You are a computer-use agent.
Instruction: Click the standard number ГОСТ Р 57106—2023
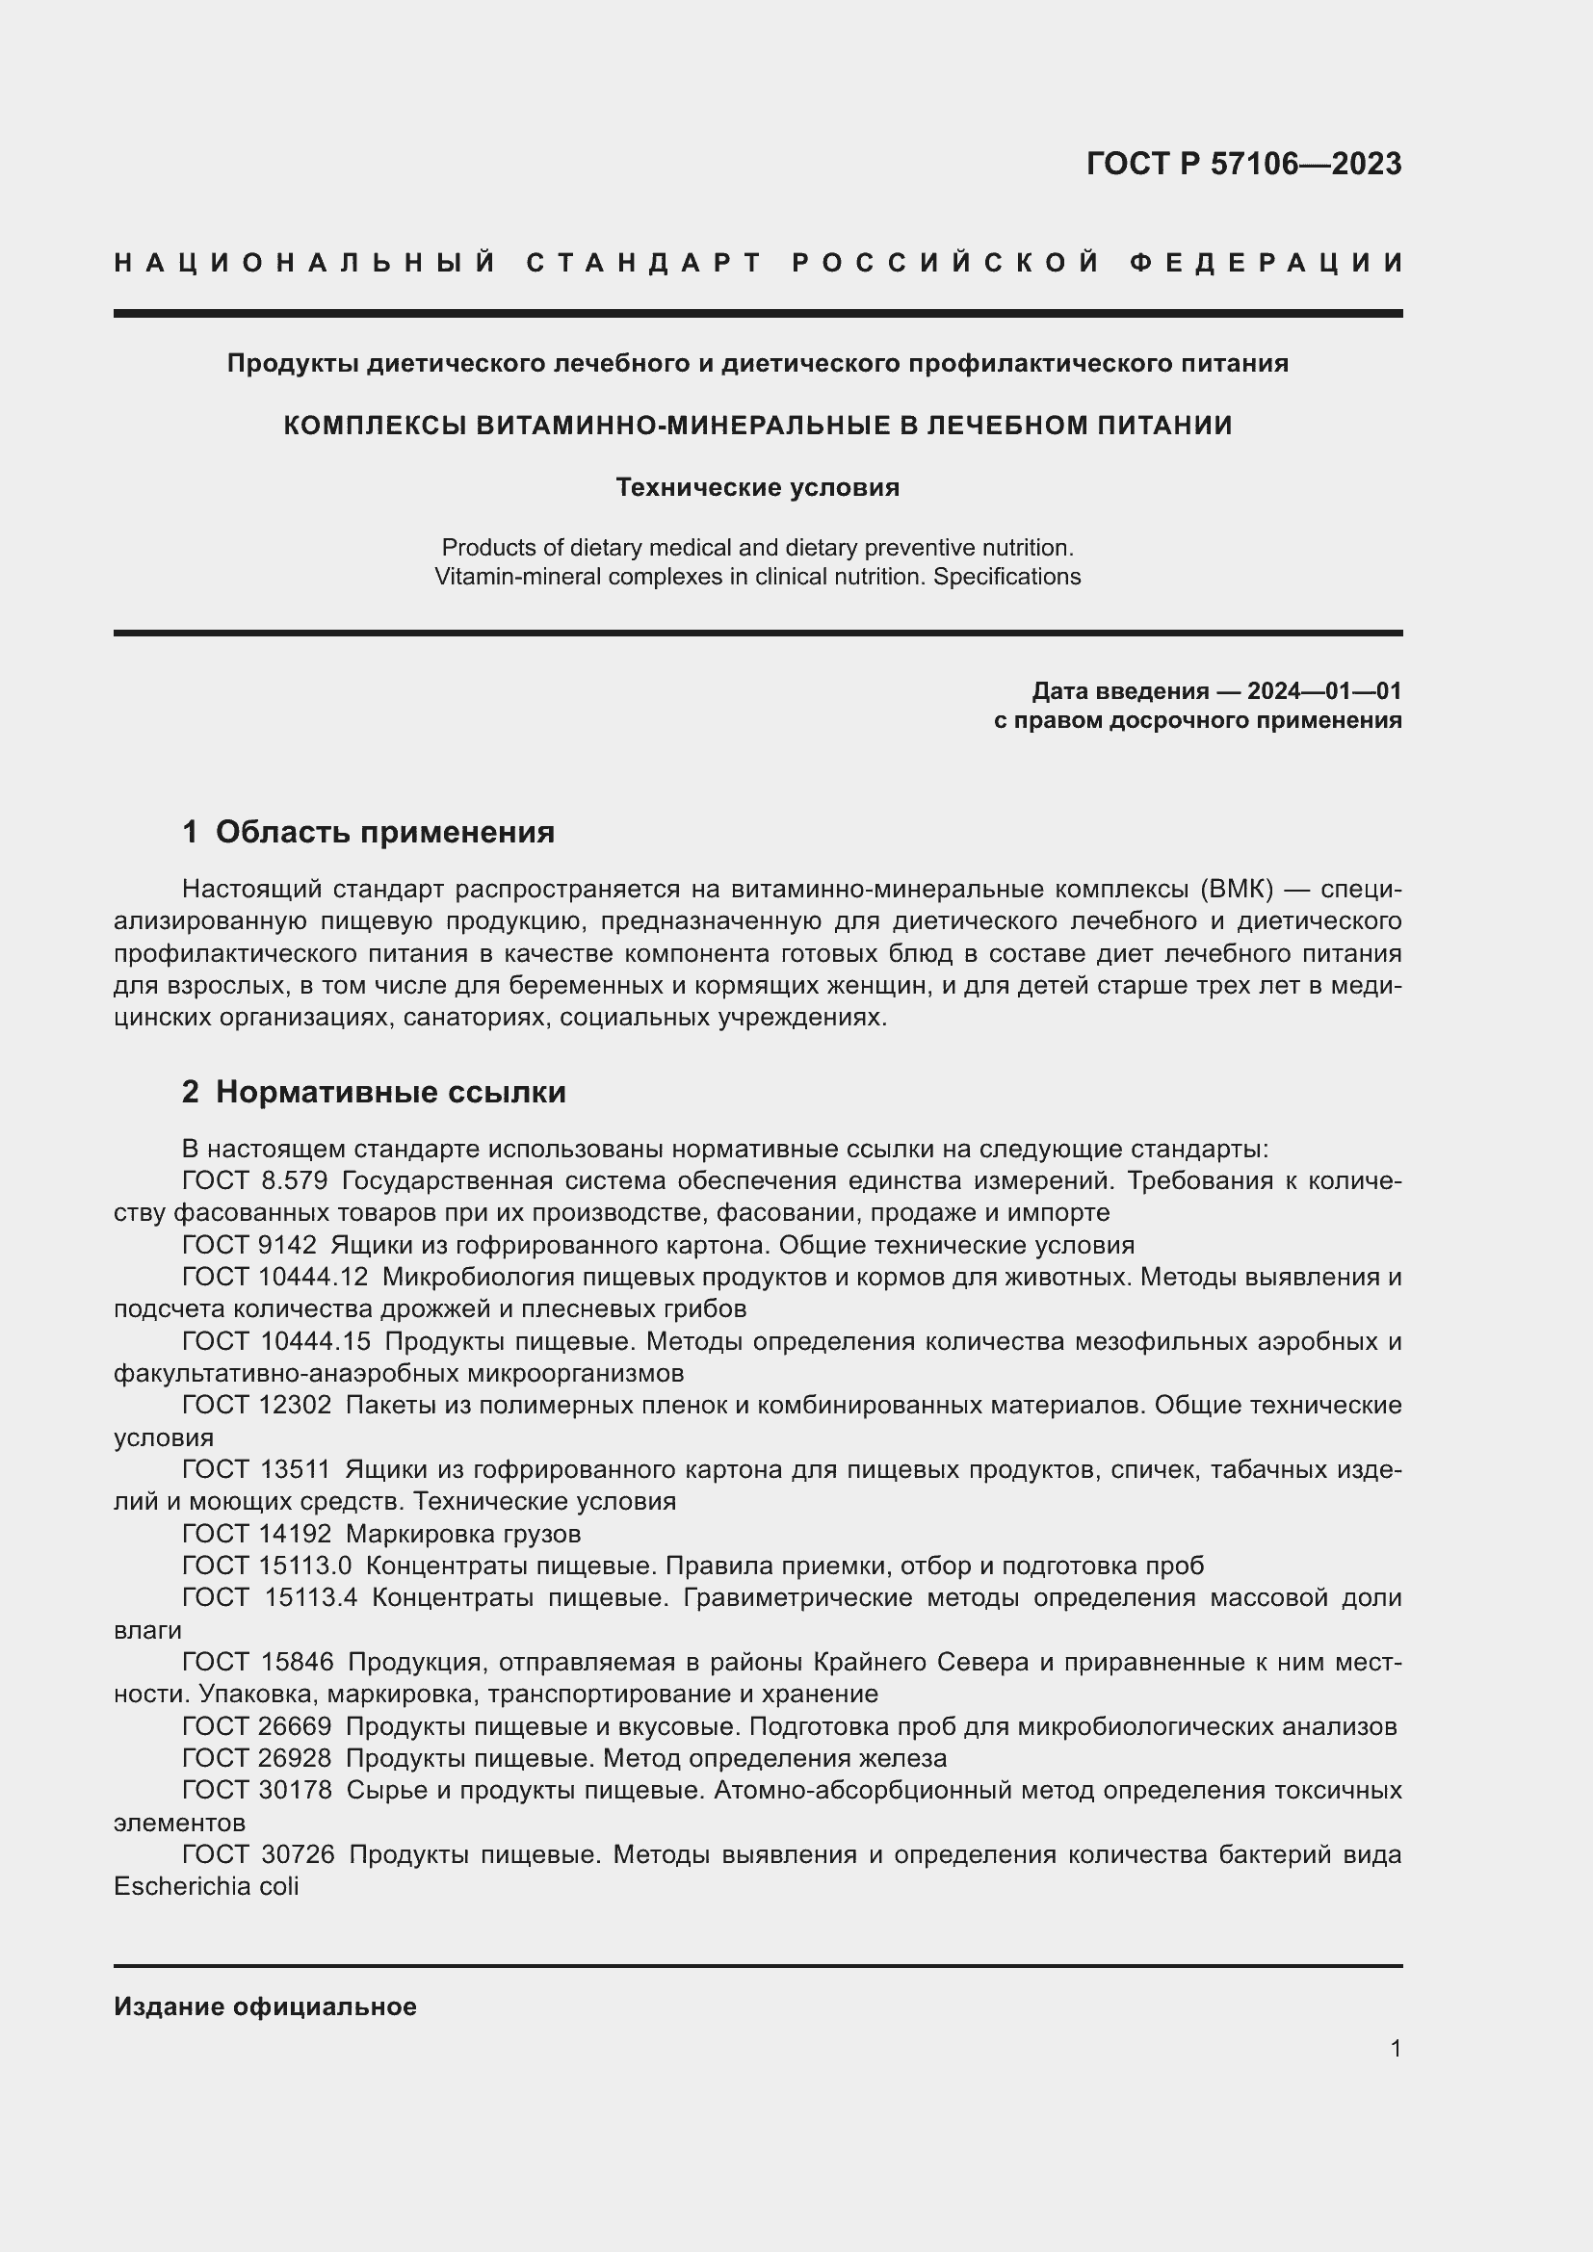tap(1243, 164)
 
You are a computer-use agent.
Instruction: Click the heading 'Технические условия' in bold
tap(757, 487)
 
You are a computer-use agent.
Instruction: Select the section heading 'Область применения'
tap(384, 833)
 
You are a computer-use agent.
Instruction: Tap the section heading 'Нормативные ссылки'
tap(390, 1093)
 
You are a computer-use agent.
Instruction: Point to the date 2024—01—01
tap(1323, 691)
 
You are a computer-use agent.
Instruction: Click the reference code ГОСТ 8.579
tap(255, 1181)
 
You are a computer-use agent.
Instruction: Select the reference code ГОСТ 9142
tap(249, 1246)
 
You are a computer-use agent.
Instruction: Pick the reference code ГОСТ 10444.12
tap(275, 1278)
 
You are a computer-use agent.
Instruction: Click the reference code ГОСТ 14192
tap(257, 1533)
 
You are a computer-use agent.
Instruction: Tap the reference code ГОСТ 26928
tap(257, 1759)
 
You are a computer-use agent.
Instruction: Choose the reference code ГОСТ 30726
tap(258, 1854)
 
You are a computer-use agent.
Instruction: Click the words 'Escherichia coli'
tap(206, 1886)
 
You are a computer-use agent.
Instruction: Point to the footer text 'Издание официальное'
tap(265, 2006)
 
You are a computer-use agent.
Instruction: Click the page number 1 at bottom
tap(1396, 2049)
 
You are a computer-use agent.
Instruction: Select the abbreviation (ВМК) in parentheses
tap(1236, 890)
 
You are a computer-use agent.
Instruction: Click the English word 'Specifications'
tap(1006, 577)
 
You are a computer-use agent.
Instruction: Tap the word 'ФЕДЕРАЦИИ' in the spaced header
tap(1266, 263)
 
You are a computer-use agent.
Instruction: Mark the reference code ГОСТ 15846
tap(258, 1662)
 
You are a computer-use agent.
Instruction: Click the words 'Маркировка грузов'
tap(463, 1533)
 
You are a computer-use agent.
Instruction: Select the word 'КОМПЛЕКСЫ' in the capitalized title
tap(375, 426)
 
